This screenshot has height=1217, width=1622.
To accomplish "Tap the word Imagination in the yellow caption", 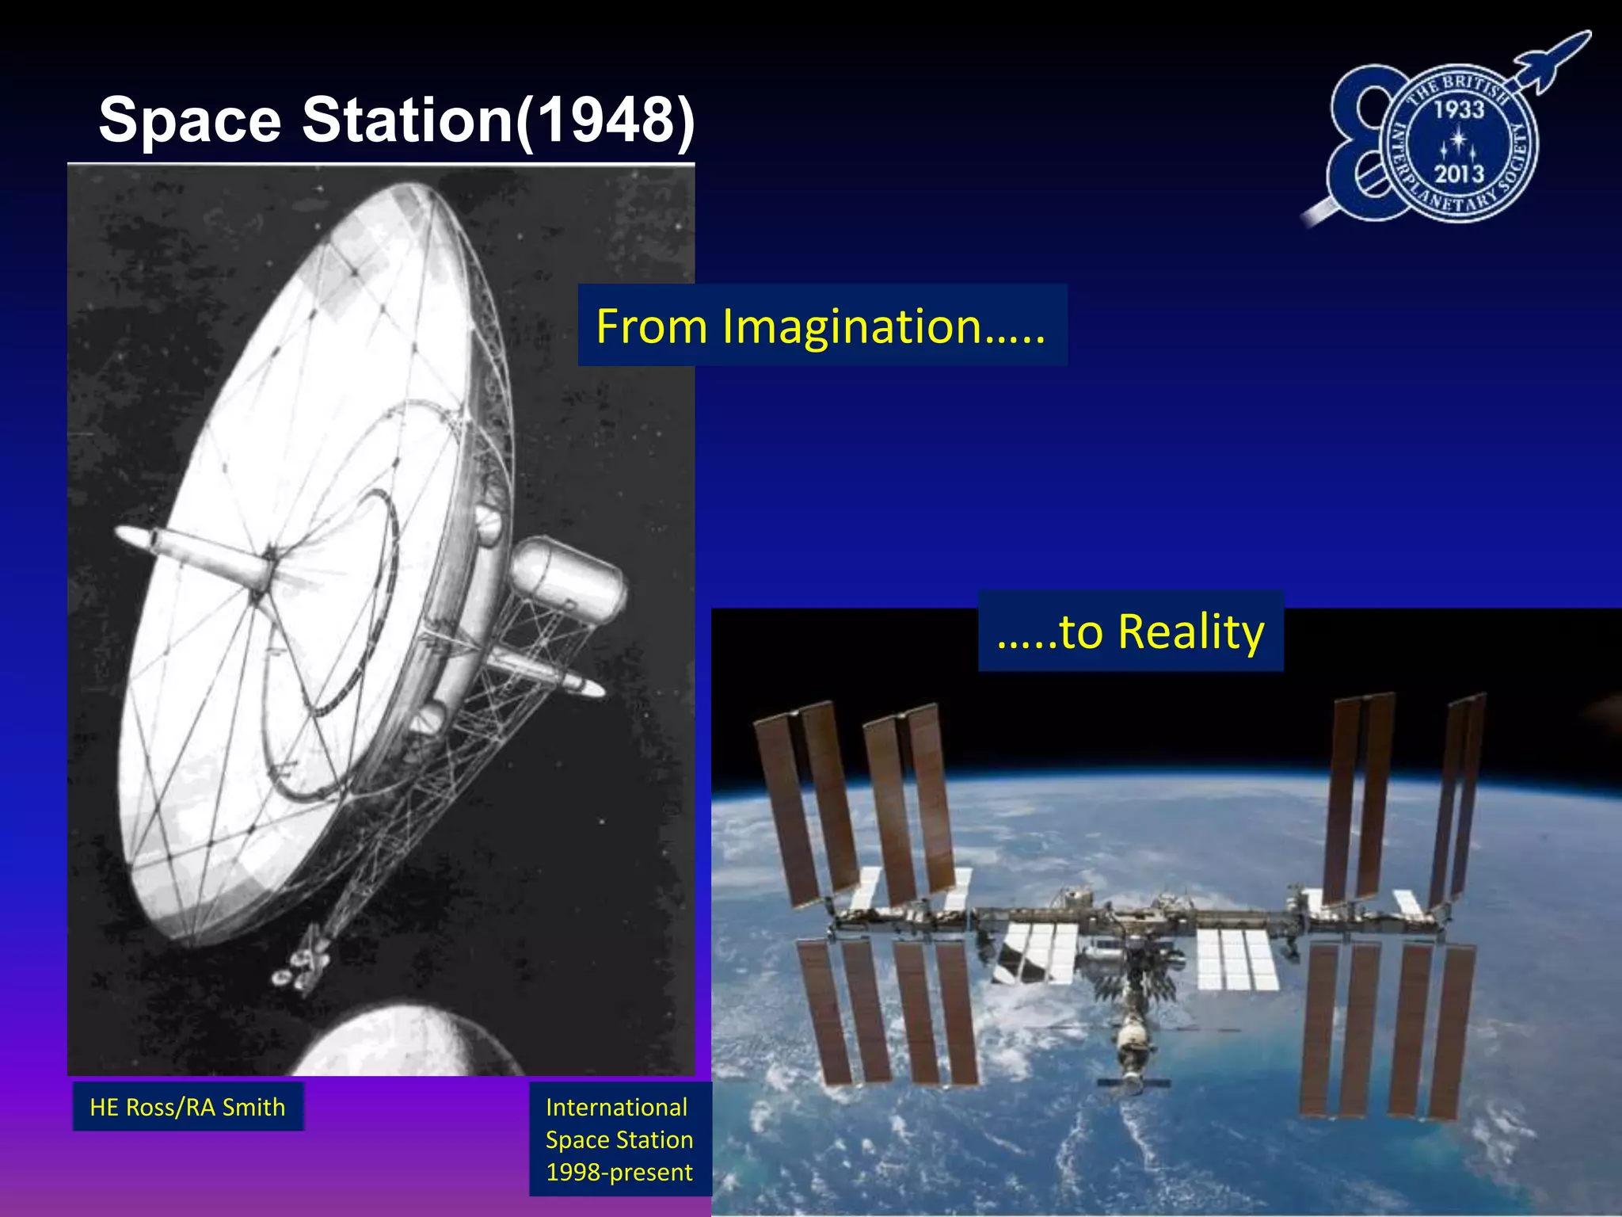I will [x=851, y=326].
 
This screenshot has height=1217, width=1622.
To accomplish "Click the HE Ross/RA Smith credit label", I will [x=188, y=1107].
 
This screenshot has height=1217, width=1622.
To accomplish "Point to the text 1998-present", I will [x=619, y=1172].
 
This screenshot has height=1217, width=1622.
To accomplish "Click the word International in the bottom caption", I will [x=616, y=1107].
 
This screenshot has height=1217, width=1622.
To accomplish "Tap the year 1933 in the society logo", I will [x=1458, y=109].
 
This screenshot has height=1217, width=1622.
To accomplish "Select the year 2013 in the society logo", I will [x=1458, y=174].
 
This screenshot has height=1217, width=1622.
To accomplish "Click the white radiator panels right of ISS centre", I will [x=1236, y=959].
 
